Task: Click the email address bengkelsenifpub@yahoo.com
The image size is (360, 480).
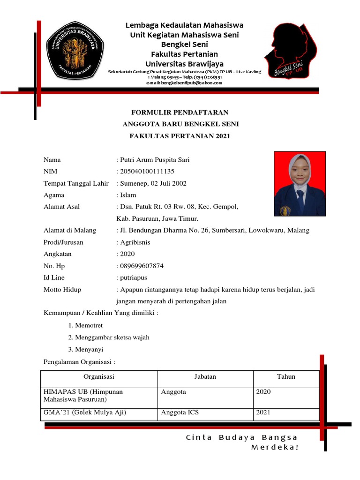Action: click(x=184, y=83)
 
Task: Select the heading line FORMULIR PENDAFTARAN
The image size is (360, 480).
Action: click(x=180, y=112)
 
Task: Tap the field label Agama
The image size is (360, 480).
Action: click(x=54, y=195)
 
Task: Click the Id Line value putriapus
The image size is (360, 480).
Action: click(x=134, y=277)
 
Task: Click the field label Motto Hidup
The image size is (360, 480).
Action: click(x=62, y=290)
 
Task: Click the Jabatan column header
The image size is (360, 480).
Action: click(x=205, y=376)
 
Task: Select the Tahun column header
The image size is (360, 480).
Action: click(x=286, y=376)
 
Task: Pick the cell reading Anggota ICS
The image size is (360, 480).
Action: click(x=180, y=412)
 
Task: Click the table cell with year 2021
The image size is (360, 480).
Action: click(x=263, y=412)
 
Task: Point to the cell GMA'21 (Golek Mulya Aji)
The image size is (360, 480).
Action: click(x=85, y=412)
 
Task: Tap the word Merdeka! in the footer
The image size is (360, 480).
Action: click(x=275, y=447)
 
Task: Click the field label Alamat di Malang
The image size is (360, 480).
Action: click(x=70, y=230)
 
